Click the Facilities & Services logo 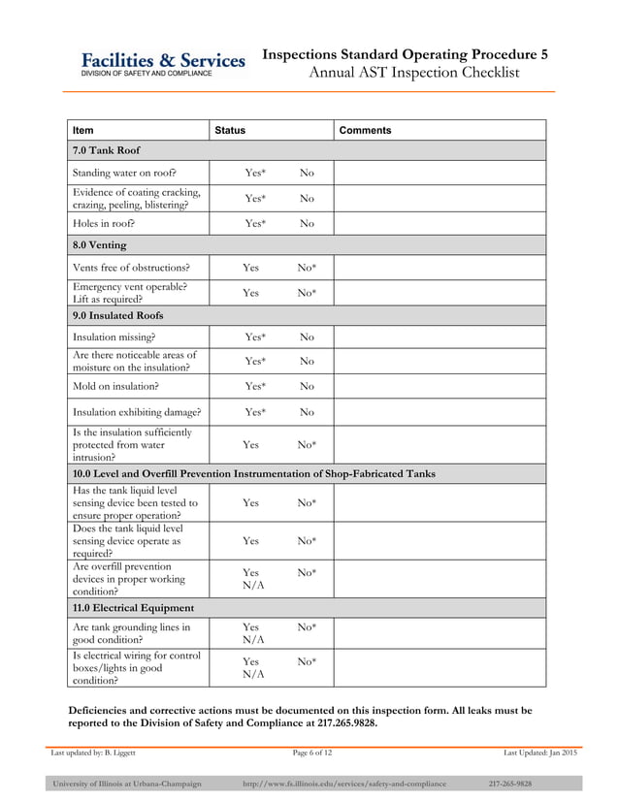[162, 64]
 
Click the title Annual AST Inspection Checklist [413, 73]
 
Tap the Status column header [230, 130]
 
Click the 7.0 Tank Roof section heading [106, 151]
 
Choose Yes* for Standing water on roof [255, 173]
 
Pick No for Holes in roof [307, 223]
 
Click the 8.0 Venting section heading [100, 244]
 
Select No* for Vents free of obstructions [307, 267]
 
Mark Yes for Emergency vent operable [250, 292]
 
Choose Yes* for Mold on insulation [255, 386]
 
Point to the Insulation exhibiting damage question [137, 411]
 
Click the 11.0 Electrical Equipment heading [133, 607]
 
